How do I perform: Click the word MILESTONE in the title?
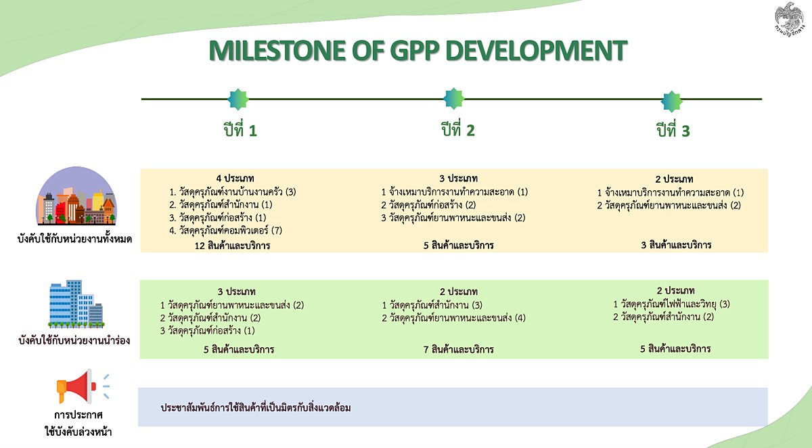(x=277, y=50)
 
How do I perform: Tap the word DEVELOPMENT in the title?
(x=536, y=50)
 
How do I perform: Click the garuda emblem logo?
(x=789, y=19)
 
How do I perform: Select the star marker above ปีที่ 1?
(x=238, y=99)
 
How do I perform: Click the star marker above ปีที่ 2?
(x=453, y=98)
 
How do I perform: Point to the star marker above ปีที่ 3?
(x=671, y=102)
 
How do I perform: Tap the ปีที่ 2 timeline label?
(x=458, y=129)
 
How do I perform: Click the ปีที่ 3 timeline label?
(x=673, y=130)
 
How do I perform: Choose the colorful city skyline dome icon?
(x=76, y=196)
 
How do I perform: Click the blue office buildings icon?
(x=76, y=304)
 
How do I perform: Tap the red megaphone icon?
(x=83, y=386)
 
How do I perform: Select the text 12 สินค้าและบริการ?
(x=232, y=246)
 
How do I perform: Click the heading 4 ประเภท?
(x=235, y=179)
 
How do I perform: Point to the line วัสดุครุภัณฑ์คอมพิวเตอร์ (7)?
(x=225, y=231)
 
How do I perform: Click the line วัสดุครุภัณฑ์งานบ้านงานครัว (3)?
(x=232, y=192)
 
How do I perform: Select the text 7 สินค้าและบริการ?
(x=459, y=350)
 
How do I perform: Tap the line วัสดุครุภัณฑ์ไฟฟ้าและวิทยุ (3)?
(x=671, y=304)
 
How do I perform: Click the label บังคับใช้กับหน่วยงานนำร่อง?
(x=74, y=340)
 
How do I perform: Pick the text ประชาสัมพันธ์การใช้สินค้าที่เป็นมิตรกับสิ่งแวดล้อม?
(x=256, y=408)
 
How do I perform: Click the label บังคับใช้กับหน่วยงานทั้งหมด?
(x=74, y=239)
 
